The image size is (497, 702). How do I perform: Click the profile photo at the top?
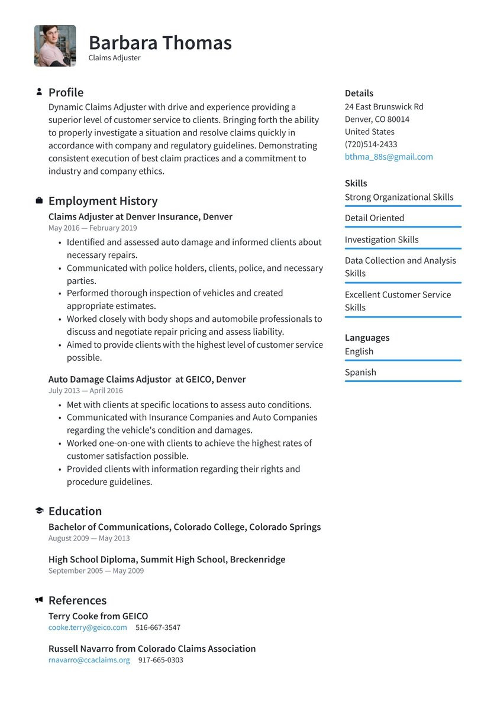pos(55,46)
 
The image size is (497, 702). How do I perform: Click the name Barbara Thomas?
pos(160,43)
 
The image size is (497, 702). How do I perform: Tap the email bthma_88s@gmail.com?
pos(389,157)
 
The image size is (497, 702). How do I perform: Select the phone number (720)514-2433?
pos(371,144)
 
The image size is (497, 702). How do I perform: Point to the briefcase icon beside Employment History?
pos(39,201)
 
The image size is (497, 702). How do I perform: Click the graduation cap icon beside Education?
pos(39,511)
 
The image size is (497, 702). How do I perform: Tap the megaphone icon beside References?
pos(39,600)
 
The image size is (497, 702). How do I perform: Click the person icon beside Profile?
pos(39,92)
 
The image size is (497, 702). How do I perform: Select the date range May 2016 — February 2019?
pos(92,228)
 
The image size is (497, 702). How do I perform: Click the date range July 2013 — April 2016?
pos(86,391)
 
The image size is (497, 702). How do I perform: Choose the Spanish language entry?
pos(360,373)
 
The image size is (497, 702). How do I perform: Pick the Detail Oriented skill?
pos(375,218)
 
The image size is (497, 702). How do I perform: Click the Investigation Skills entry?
pos(382,240)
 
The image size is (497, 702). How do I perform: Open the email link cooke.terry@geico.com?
pos(88,627)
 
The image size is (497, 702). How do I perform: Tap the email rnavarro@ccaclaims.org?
pos(89,660)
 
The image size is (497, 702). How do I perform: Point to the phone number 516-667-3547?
pos(158,627)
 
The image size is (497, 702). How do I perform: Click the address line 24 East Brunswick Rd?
pos(384,107)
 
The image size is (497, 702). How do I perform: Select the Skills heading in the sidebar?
pos(356,183)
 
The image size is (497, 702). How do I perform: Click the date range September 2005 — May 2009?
pos(96,571)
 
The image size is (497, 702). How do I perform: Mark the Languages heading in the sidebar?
pos(367,338)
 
